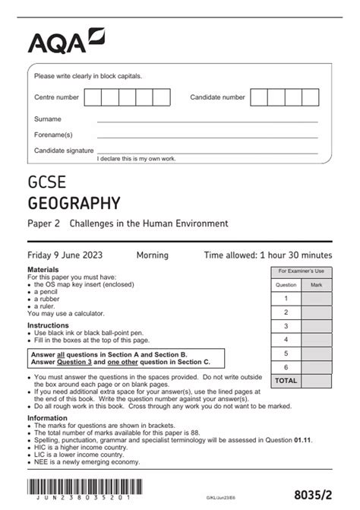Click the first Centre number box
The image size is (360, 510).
click(x=93, y=97)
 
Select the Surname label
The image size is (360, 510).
click(x=48, y=119)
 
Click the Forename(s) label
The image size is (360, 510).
click(x=53, y=135)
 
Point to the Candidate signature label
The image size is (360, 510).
click(x=64, y=150)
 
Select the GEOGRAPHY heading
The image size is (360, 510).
click(x=74, y=203)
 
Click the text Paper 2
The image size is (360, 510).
click(x=45, y=223)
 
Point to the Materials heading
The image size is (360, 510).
click(x=43, y=270)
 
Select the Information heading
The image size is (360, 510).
click(x=47, y=418)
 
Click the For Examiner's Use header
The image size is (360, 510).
click(x=301, y=271)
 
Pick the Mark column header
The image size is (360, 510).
click(x=316, y=285)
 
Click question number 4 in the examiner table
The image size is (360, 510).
click(x=286, y=339)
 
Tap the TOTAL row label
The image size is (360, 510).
click(x=286, y=380)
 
